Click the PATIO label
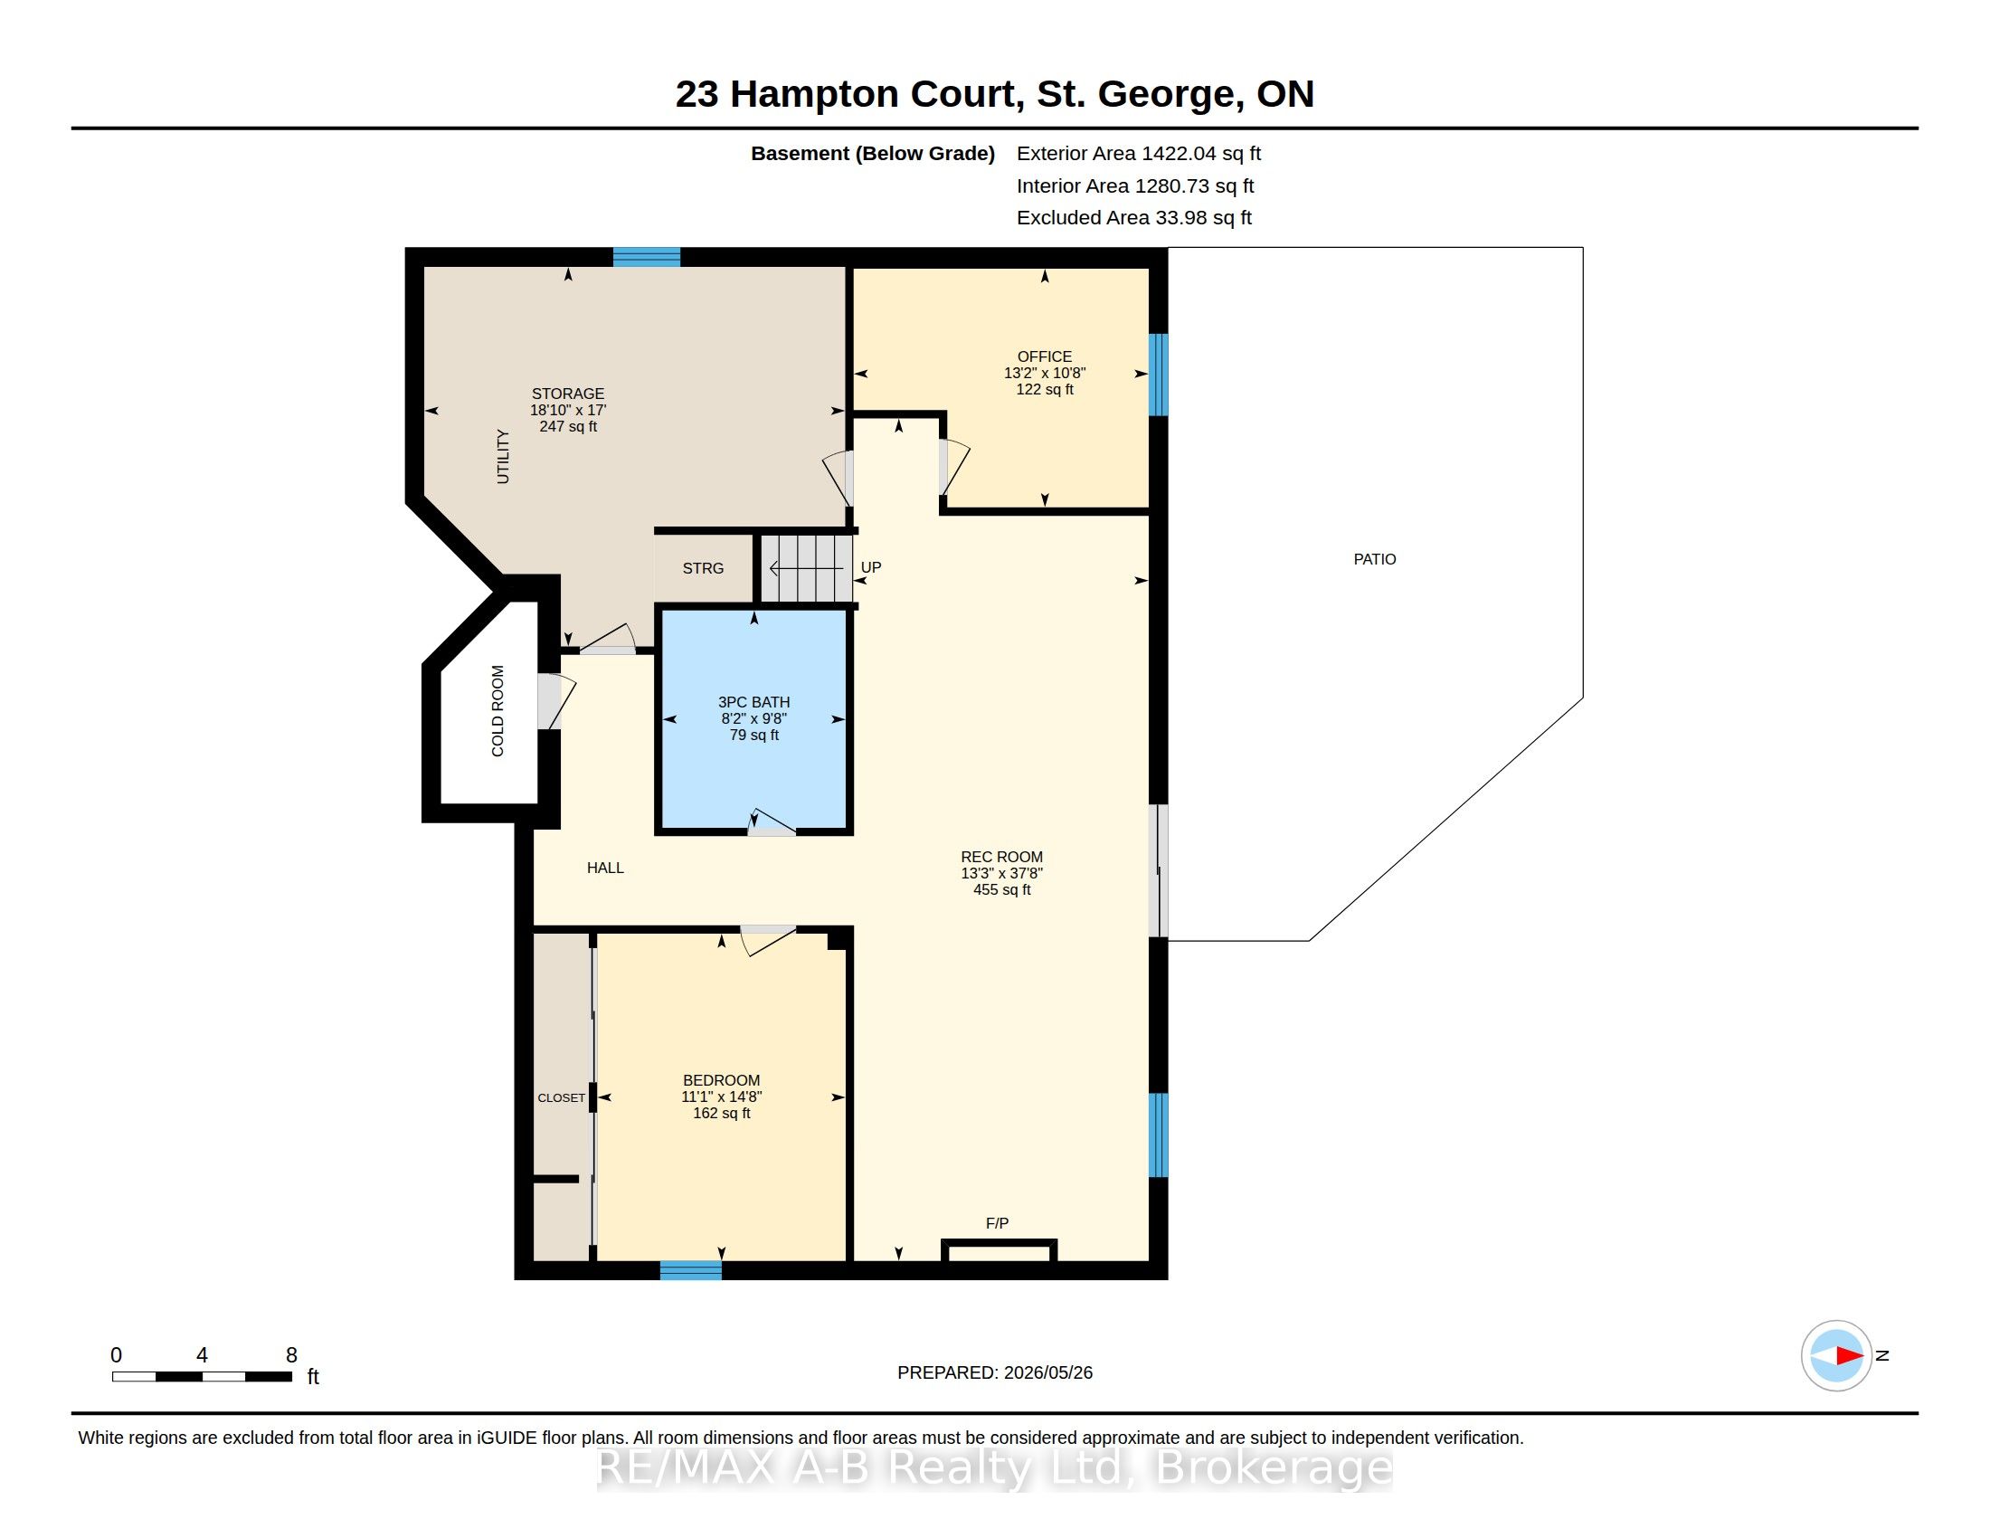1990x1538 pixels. [1374, 559]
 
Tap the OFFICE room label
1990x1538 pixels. [1044, 356]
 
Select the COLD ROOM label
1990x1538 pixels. [497, 711]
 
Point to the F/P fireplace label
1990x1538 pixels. [997, 1223]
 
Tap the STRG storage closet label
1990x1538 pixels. [704, 568]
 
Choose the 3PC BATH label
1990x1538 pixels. [753, 702]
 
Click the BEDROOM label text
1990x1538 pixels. [722, 1080]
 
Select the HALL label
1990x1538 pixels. [605, 869]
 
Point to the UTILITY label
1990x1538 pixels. [503, 457]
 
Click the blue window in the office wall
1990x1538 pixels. [1158, 375]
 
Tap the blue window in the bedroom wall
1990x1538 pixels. [691, 1270]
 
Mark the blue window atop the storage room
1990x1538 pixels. [646, 257]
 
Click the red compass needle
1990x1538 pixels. [1849, 1356]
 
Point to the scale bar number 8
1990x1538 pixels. [291, 1355]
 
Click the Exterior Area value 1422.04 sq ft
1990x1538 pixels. [1201, 153]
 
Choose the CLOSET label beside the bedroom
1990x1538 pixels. [562, 1098]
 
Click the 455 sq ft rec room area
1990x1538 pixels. [1001, 889]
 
